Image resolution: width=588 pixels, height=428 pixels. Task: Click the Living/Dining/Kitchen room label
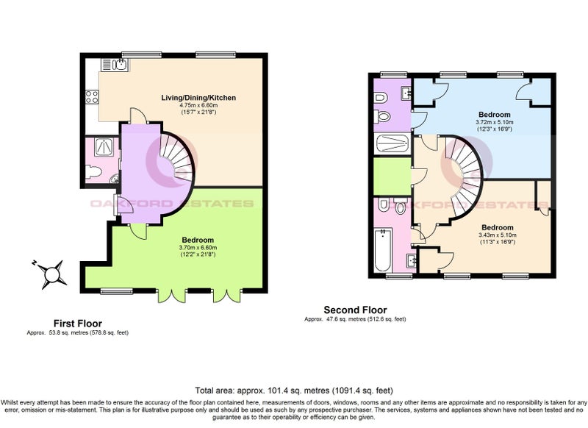[198, 98]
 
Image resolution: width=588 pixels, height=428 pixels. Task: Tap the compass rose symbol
[51, 274]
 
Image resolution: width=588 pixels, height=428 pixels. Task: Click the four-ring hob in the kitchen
[92, 97]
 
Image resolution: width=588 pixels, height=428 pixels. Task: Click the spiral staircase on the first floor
[176, 158]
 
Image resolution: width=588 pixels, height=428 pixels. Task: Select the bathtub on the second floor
[383, 250]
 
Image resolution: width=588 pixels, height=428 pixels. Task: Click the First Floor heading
[78, 324]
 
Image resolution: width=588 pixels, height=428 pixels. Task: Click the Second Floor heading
[355, 310]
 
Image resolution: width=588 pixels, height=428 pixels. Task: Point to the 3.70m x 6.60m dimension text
[198, 248]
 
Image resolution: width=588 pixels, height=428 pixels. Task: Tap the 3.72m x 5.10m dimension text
[494, 122]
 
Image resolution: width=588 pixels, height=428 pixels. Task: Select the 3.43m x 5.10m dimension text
[498, 235]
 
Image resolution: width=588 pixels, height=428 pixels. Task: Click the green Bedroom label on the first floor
[198, 240]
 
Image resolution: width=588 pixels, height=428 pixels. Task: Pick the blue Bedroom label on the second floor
[494, 115]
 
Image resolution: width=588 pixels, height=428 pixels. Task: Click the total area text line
[294, 390]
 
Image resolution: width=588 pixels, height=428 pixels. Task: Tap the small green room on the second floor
[392, 176]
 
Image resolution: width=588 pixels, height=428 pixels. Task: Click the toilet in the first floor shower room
[94, 172]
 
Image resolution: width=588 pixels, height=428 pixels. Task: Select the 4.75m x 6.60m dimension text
[198, 105]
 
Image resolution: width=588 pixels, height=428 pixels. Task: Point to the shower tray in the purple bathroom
[392, 143]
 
